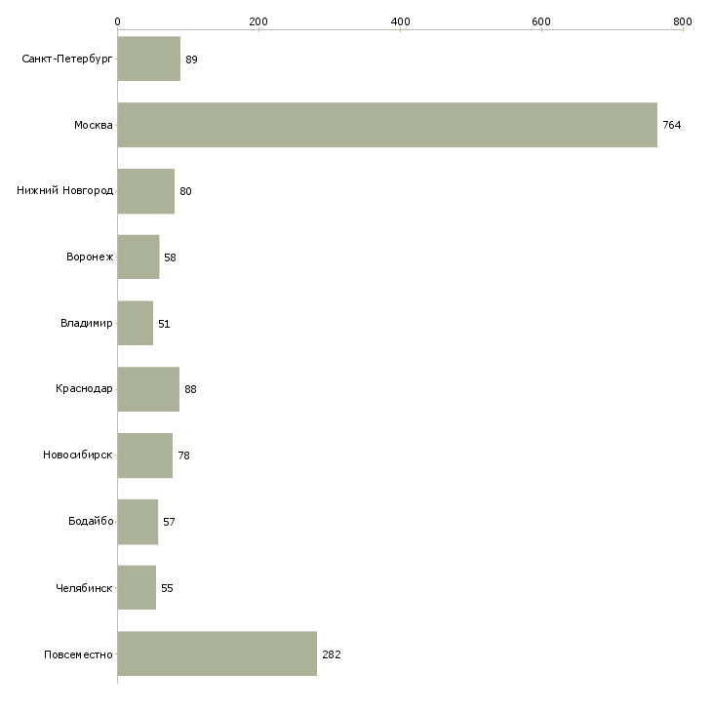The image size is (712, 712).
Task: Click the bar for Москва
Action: tap(387, 125)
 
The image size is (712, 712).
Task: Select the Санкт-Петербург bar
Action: tap(149, 59)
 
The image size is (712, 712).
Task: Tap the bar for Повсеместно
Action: tap(218, 653)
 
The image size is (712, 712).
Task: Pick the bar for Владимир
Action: tap(136, 323)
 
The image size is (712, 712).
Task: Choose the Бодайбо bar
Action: tap(138, 522)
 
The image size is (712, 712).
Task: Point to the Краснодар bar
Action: tap(148, 389)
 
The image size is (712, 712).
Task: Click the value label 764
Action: tap(672, 125)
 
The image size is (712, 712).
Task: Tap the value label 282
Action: tap(332, 654)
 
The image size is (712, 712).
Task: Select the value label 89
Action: tap(191, 59)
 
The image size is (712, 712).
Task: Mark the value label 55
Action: tap(167, 588)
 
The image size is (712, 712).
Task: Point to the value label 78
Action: tap(184, 455)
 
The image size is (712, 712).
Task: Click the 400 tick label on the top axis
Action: tap(400, 21)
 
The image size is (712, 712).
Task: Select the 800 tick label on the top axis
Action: tap(683, 21)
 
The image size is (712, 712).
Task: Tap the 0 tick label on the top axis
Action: tap(118, 21)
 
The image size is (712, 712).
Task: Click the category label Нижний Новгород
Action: tap(65, 190)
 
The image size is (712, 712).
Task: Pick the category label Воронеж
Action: tap(90, 257)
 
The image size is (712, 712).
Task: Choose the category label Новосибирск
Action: tap(78, 455)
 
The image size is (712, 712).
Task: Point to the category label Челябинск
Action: tap(84, 588)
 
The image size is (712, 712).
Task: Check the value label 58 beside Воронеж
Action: tap(170, 257)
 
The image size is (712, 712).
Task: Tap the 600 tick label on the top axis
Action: tap(541, 21)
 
